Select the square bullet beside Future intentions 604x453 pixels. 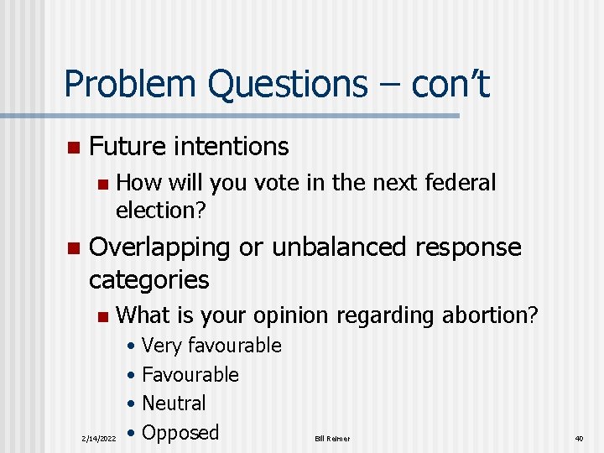coord(73,148)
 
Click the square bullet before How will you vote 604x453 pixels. coord(102,184)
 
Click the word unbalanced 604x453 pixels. coord(356,247)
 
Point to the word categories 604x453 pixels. coord(149,279)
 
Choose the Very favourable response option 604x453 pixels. coord(211,346)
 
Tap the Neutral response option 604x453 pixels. coord(174,404)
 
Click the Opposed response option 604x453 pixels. coord(180,433)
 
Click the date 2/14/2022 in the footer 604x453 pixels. coord(100,438)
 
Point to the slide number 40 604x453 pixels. coord(579,438)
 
